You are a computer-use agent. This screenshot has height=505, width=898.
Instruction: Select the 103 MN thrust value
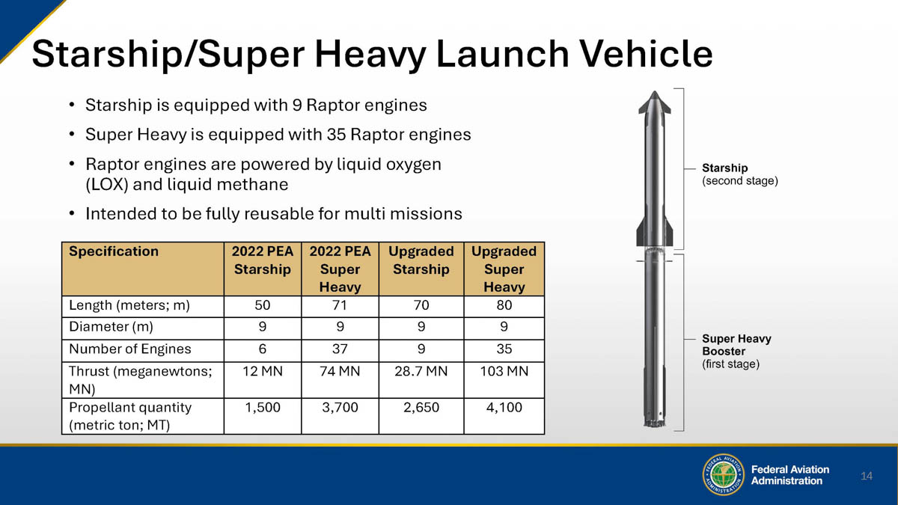pyautogui.click(x=504, y=371)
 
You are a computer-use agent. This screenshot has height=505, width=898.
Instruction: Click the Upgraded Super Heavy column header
pyautogui.click(x=504, y=269)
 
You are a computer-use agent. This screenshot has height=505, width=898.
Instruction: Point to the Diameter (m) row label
pyautogui.click(x=111, y=327)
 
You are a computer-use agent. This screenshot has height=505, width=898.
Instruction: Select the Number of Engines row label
pyautogui.click(x=130, y=349)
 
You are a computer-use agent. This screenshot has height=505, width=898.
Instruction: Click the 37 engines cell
pyautogui.click(x=340, y=349)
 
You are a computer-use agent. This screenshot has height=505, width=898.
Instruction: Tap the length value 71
pyautogui.click(x=339, y=305)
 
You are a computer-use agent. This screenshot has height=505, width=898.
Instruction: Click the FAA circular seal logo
pyautogui.click(x=723, y=474)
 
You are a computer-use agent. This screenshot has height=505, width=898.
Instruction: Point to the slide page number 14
pyautogui.click(x=867, y=476)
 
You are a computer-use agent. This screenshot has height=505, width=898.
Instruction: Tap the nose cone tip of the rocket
pyautogui.click(x=654, y=92)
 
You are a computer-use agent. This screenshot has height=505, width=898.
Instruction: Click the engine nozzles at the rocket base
pyautogui.click(x=654, y=423)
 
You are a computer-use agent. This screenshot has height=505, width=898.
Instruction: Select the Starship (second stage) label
pyautogui.click(x=739, y=174)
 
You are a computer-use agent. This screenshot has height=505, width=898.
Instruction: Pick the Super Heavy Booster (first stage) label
pyautogui.click(x=736, y=351)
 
